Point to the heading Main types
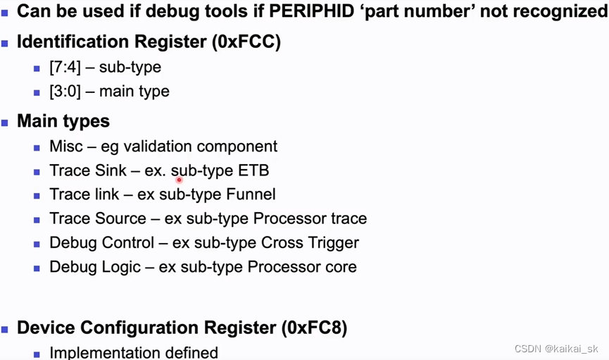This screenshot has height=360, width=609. click(x=63, y=121)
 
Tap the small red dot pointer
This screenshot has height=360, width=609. click(x=180, y=180)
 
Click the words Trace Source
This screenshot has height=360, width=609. click(x=98, y=218)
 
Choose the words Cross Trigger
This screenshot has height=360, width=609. click(x=310, y=243)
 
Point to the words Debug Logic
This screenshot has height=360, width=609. click(x=93, y=267)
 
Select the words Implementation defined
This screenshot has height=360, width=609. click(x=134, y=352)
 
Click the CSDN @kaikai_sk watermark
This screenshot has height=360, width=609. click(x=556, y=349)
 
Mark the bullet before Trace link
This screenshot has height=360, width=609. click(x=37, y=195)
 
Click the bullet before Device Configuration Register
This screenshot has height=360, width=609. click(x=6, y=328)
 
